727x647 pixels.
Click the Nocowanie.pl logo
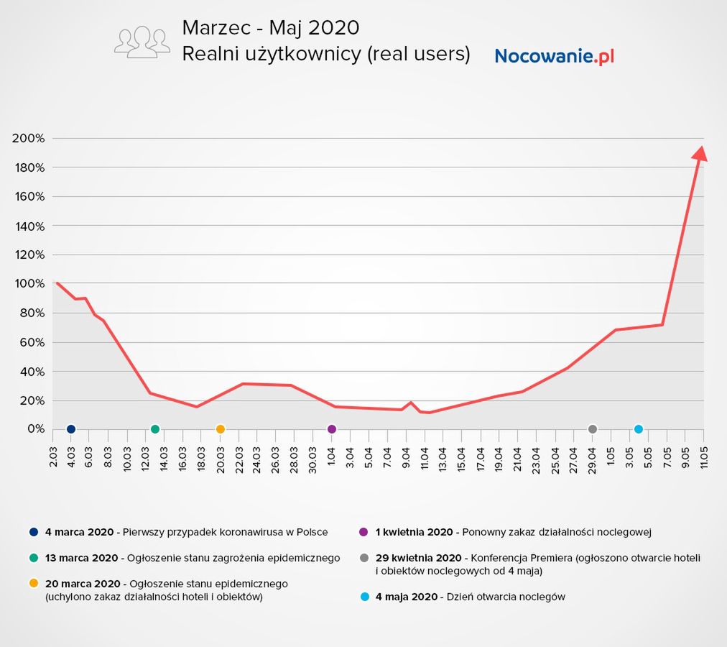[554, 55]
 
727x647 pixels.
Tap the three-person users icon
[142, 42]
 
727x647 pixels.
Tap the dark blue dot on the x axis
[71, 429]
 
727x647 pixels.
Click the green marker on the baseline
[155, 429]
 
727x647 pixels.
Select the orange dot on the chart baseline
[221, 429]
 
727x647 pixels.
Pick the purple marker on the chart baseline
[332, 429]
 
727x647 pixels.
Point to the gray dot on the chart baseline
[593, 429]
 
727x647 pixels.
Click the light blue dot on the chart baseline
[639, 429]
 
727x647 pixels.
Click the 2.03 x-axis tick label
[54, 456]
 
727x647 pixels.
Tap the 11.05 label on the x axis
[703, 456]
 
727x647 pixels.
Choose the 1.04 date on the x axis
[332, 456]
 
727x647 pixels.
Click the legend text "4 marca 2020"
[79, 532]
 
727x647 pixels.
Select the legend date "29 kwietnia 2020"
[418, 558]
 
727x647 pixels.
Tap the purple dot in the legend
[363, 532]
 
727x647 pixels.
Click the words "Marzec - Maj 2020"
[270, 28]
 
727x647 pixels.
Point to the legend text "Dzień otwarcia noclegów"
[506, 597]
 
